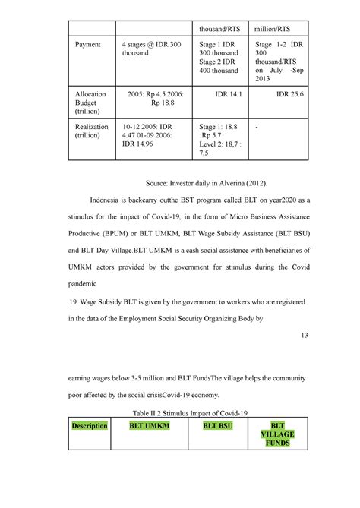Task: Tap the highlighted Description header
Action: click(x=90, y=427)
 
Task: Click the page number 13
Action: click(x=305, y=336)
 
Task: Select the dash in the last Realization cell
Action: click(x=257, y=127)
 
